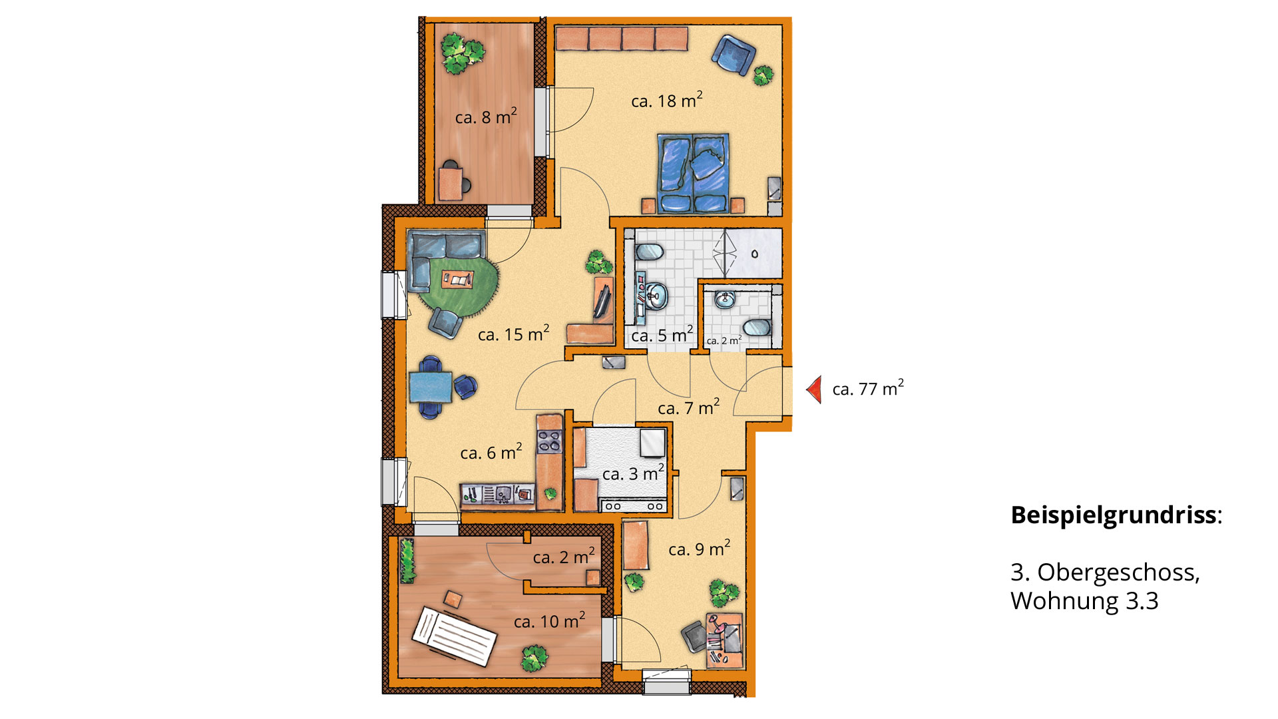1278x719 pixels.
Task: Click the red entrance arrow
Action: coord(814,389)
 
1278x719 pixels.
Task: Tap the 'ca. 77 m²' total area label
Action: coord(868,388)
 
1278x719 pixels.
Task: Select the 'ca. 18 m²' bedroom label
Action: coord(667,101)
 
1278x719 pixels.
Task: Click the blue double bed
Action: coord(693,173)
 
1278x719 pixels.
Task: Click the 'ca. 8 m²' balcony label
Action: coord(486,117)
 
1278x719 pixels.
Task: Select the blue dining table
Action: coord(430,387)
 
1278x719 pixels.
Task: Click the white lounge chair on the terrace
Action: coord(454,636)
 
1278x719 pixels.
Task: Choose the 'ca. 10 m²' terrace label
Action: coord(549,620)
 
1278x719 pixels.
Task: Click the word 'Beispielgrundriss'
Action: coord(1113,515)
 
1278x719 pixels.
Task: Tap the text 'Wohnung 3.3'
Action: coord(1084,600)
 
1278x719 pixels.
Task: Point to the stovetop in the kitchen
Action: coord(548,441)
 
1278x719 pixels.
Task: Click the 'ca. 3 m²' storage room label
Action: coord(633,473)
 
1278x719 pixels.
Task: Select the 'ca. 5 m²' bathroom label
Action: coord(662,335)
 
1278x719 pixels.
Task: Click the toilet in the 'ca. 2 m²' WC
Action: coord(757,327)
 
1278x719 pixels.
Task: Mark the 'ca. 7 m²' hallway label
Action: coord(688,407)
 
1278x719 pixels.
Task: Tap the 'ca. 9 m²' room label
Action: coord(699,549)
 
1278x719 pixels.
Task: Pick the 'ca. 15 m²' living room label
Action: coord(513,334)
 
